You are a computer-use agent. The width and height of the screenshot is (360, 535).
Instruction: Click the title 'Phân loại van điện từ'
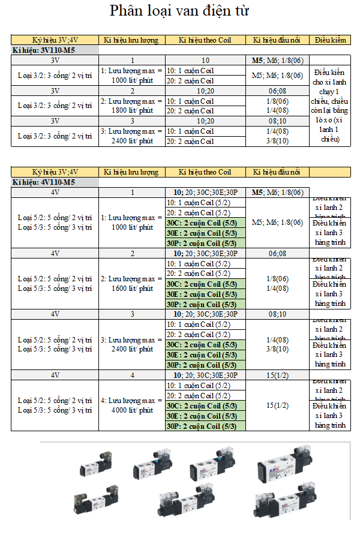click(x=179, y=11)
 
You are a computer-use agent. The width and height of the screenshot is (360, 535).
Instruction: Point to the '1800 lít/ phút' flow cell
click(x=131, y=106)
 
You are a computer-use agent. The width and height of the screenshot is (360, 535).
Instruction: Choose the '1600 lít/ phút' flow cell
click(x=131, y=284)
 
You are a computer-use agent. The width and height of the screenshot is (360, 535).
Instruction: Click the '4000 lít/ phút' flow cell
click(x=131, y=405)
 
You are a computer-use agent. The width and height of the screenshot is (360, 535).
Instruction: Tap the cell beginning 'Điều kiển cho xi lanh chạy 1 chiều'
click(x=330, y=106)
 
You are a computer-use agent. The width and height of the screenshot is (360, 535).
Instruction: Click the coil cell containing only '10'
click(x=205, y=61)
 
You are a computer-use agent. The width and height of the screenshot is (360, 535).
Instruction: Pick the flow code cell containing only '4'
click(x=132, y=375)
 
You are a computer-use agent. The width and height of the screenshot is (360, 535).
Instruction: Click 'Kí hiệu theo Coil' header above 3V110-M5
click(x=205, y=40)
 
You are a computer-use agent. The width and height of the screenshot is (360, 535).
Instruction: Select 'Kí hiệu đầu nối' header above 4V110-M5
click(x=277, y=172)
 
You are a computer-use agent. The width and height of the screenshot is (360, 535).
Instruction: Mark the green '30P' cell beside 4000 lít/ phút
click(x=205, y=426)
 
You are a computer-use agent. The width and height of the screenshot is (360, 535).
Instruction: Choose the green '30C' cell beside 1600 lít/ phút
click(x=205, y=284)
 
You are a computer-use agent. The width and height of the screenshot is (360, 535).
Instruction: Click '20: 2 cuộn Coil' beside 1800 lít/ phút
click(x=205, y=111)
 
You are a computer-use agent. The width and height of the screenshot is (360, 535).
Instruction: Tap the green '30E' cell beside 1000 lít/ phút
click(x=205, y=233)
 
